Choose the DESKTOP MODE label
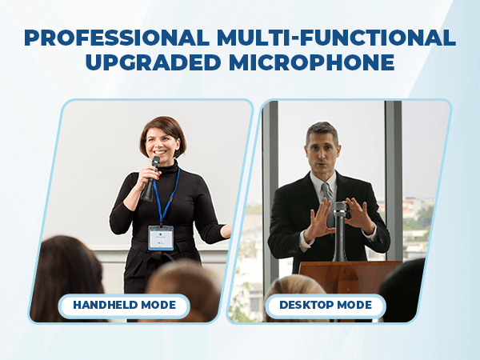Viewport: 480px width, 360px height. click(326, 305)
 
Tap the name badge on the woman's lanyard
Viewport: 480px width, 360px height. click(161, 237)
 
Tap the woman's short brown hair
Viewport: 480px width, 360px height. click(163, 125)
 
